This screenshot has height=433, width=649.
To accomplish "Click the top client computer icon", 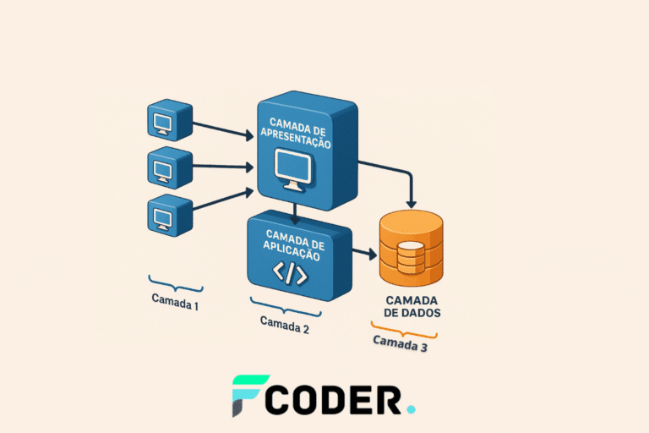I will [170, 121].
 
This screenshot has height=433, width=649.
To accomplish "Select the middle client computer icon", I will [170, 167].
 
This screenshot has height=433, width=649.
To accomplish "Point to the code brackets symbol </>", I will [288, 273].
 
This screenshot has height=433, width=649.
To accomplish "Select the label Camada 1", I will [175, 299].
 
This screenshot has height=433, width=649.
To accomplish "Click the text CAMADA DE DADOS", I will [412, 306].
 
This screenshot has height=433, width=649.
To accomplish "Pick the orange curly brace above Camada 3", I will [403, 328].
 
